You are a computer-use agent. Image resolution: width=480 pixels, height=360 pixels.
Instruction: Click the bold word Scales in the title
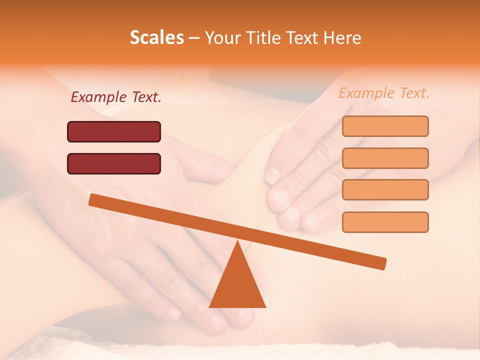156,37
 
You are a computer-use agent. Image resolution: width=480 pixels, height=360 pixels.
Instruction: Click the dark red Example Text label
116,97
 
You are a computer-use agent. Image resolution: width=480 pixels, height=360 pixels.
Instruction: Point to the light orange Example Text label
384,93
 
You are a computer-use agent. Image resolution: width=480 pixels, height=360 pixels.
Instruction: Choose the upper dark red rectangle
114,131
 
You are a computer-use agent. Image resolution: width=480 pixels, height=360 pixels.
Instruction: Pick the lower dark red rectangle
114,163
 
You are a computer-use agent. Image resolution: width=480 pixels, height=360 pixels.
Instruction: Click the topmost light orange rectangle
385,126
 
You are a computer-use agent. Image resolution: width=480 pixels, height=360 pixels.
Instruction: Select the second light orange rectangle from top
385,158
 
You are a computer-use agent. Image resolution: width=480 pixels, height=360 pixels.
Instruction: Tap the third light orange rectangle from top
385,189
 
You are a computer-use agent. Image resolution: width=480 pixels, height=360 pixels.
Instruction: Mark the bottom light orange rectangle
385,222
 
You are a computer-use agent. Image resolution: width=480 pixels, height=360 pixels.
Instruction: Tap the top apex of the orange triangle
237,242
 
